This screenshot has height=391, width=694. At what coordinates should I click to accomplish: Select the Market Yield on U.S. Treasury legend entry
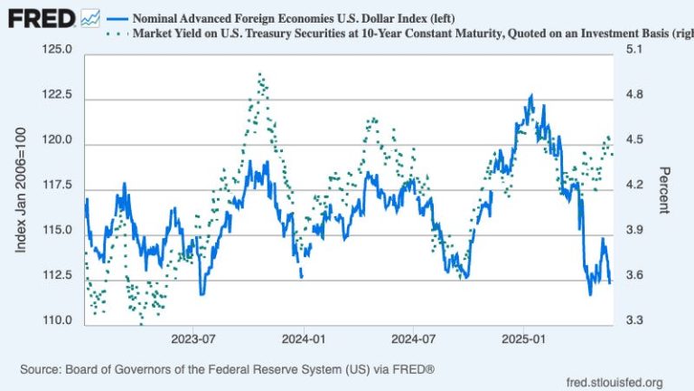389,33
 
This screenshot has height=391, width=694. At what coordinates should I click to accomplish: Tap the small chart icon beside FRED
90,17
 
